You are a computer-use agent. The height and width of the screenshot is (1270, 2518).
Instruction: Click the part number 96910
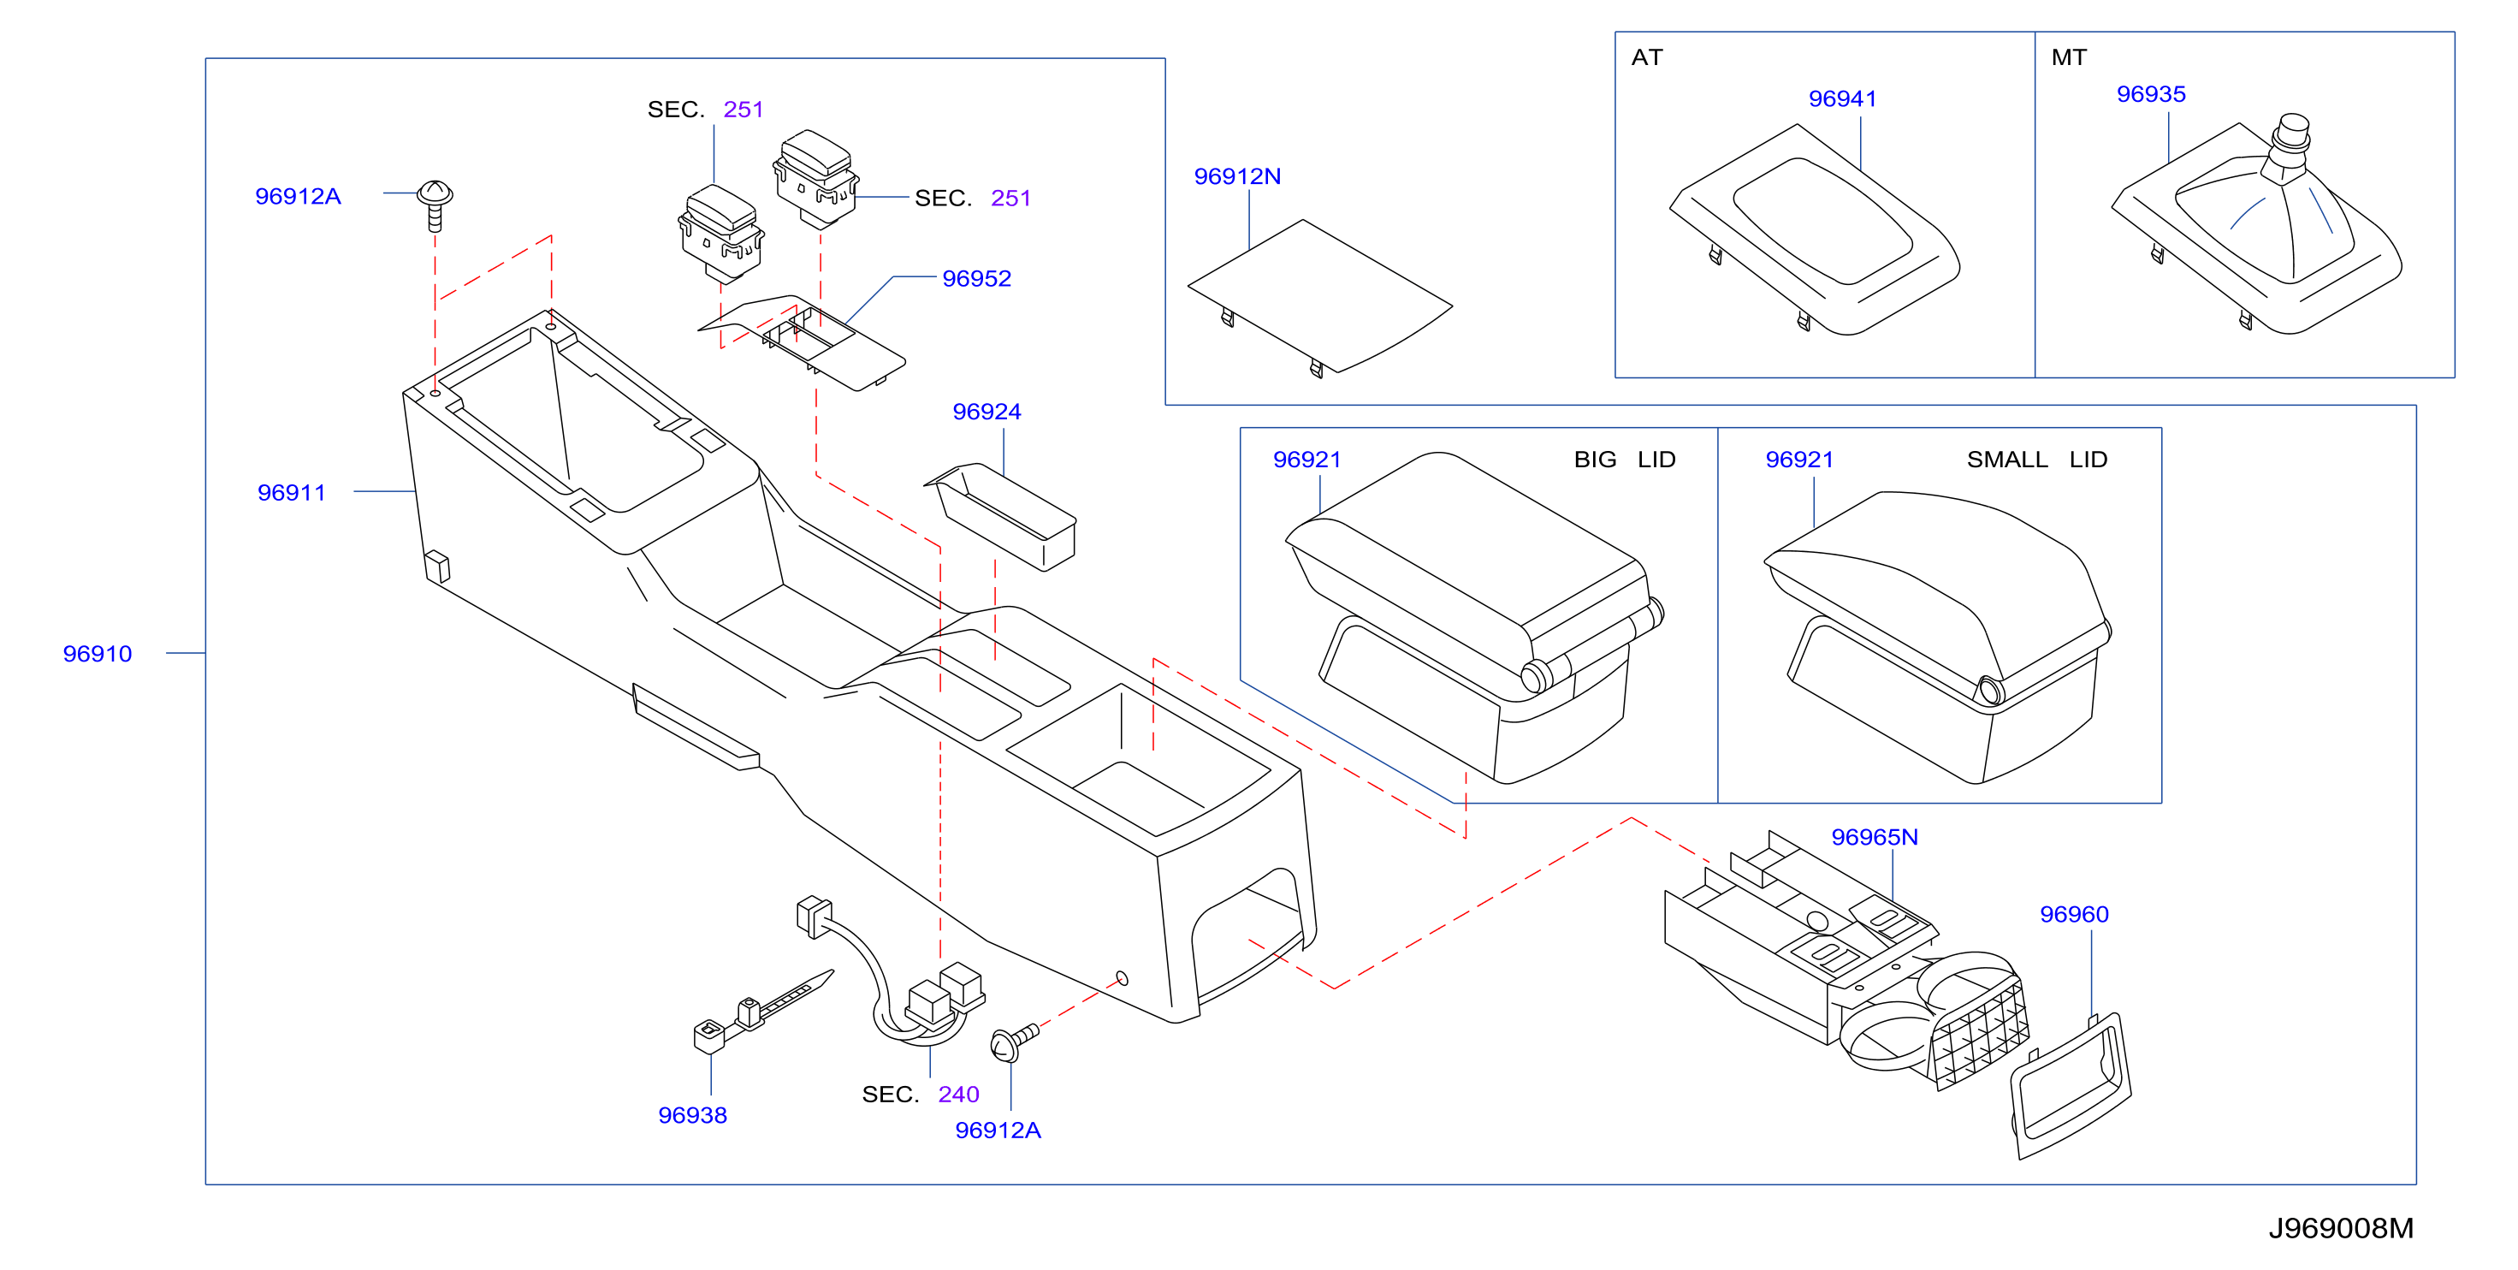(x=97, y=653)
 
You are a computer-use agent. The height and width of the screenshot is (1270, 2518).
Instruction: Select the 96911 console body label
(x=291, y=492)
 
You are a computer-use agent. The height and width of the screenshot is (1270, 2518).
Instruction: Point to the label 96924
(x=986, y=411)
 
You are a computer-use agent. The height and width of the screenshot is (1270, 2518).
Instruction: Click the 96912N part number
(x=1236, y=176)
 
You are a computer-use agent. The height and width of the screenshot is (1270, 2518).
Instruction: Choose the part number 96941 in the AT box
(x=1843, y=98)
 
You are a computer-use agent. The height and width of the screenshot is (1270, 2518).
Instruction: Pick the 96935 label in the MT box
(x=2150, y=94)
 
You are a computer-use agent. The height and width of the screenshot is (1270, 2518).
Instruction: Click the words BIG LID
(x=1625, y=459)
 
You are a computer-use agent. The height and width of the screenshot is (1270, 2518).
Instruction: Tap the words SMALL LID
(x=2037, y=459)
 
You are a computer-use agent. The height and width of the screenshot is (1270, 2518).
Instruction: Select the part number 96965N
(x=1874, y=837)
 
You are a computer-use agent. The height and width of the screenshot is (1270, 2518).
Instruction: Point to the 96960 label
(x=2074, y=914)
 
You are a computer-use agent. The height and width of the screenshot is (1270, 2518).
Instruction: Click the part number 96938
(x=692, y=1114)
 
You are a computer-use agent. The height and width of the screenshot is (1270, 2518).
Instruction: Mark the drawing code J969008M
(x=2341, y=1228)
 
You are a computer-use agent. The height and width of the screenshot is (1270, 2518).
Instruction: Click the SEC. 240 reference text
(x=920, y=1094)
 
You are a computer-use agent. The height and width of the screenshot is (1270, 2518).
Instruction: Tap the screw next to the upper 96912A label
(x=435, y=205)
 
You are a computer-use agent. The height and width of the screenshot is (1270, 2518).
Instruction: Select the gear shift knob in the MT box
(x=2291, y=146)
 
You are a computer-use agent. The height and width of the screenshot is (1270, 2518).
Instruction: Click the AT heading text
(x=1647, y=56)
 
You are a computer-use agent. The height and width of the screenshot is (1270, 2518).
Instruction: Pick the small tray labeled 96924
(x=1001, y=516)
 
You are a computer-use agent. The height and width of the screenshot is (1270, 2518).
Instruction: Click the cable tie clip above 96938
(x=763, y=1011)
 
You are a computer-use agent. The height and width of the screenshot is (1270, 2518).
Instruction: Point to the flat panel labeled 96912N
(x=1319, y=297)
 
